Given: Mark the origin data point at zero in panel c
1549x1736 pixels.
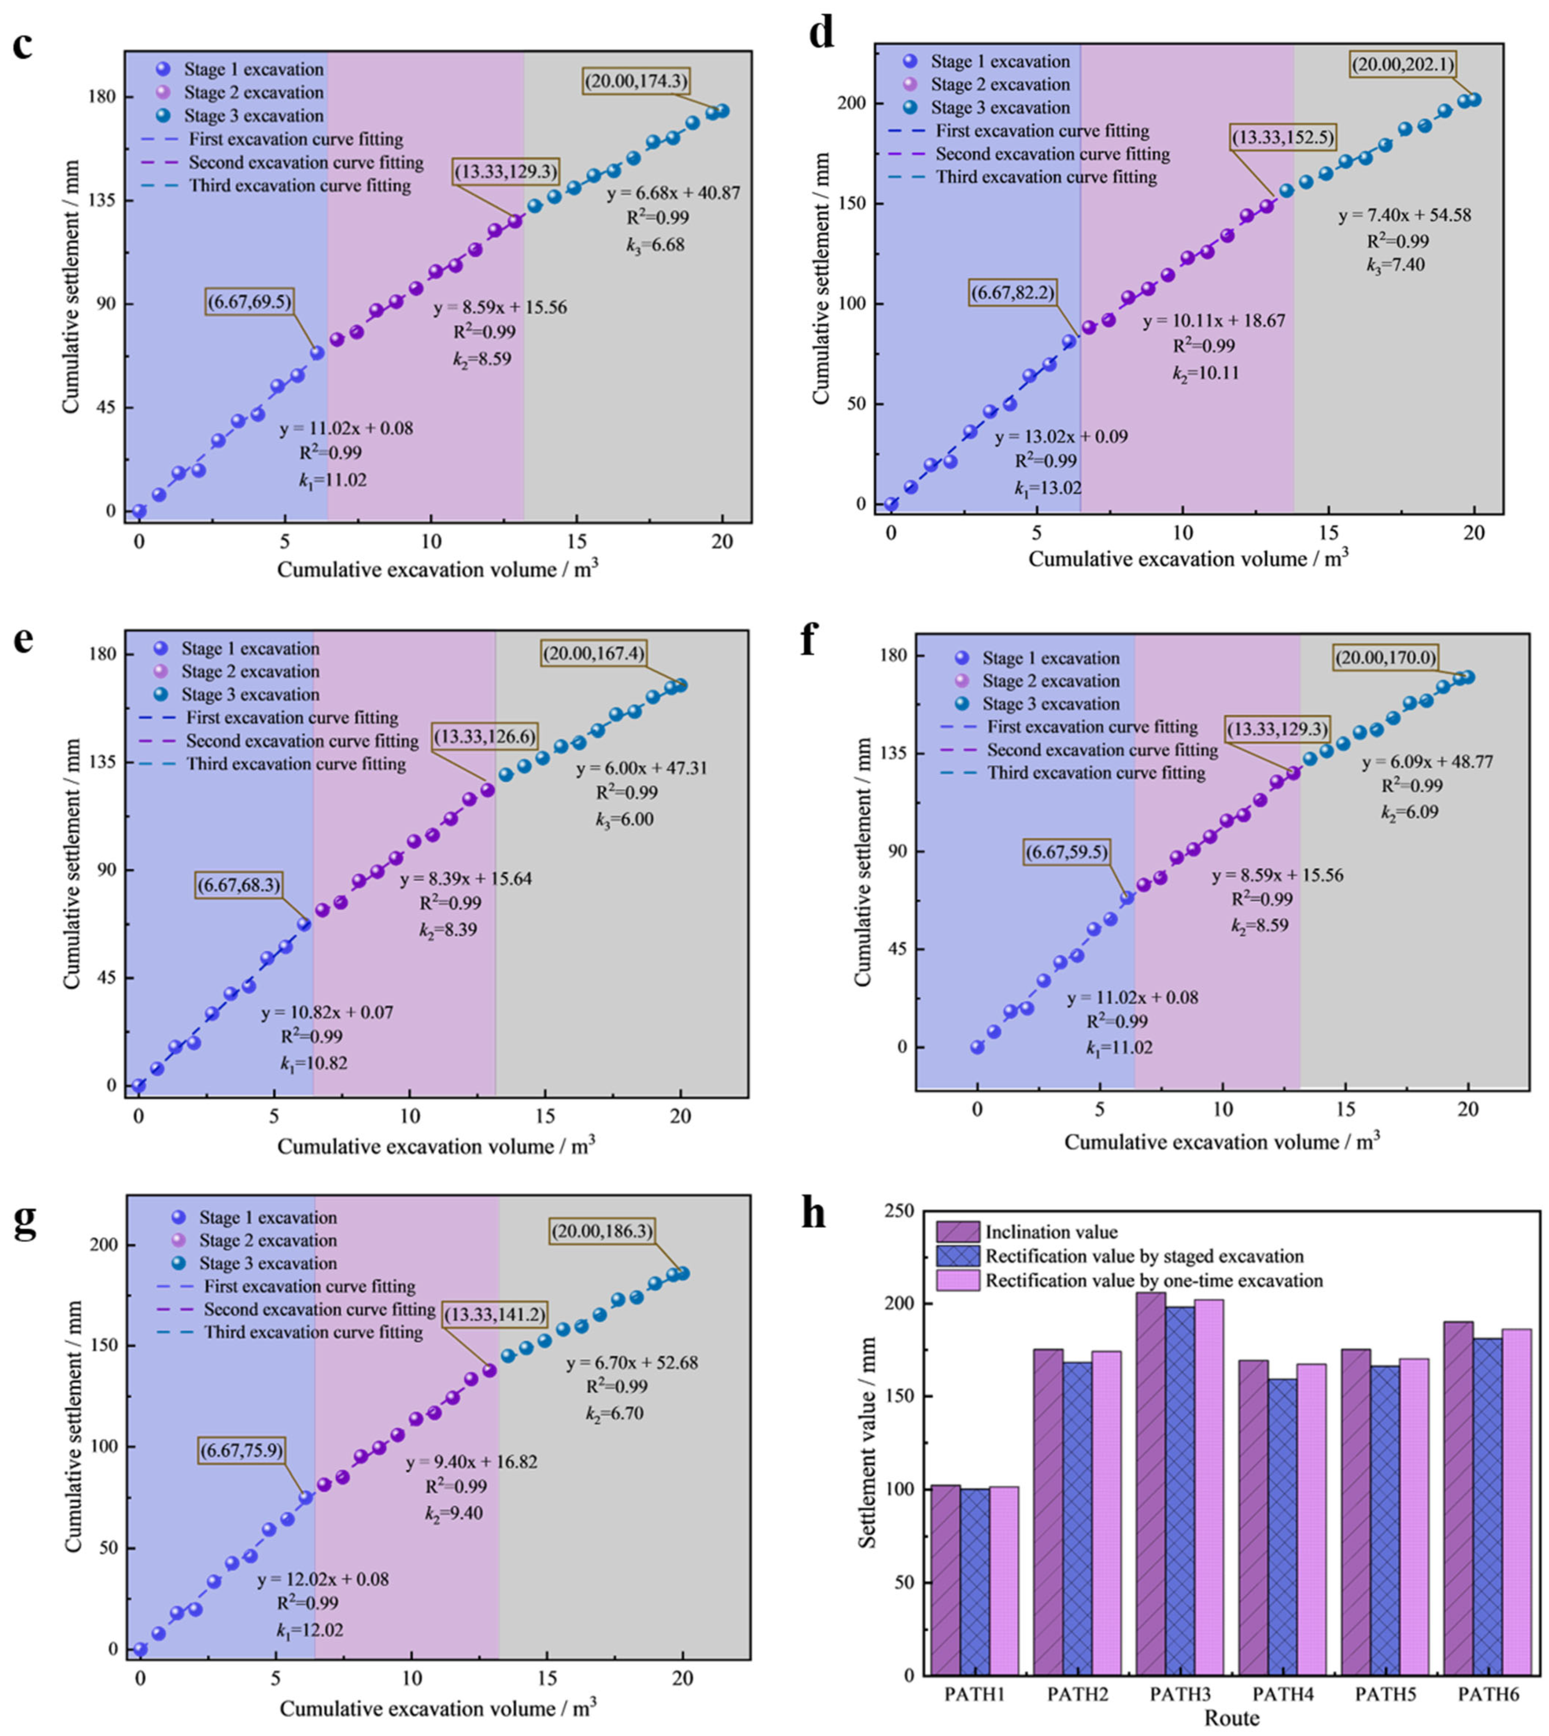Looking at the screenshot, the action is click(139, 511).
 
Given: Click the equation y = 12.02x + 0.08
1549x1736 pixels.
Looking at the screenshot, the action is click(323, 1579).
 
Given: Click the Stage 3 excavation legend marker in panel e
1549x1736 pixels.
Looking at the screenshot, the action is click(160, 694).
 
